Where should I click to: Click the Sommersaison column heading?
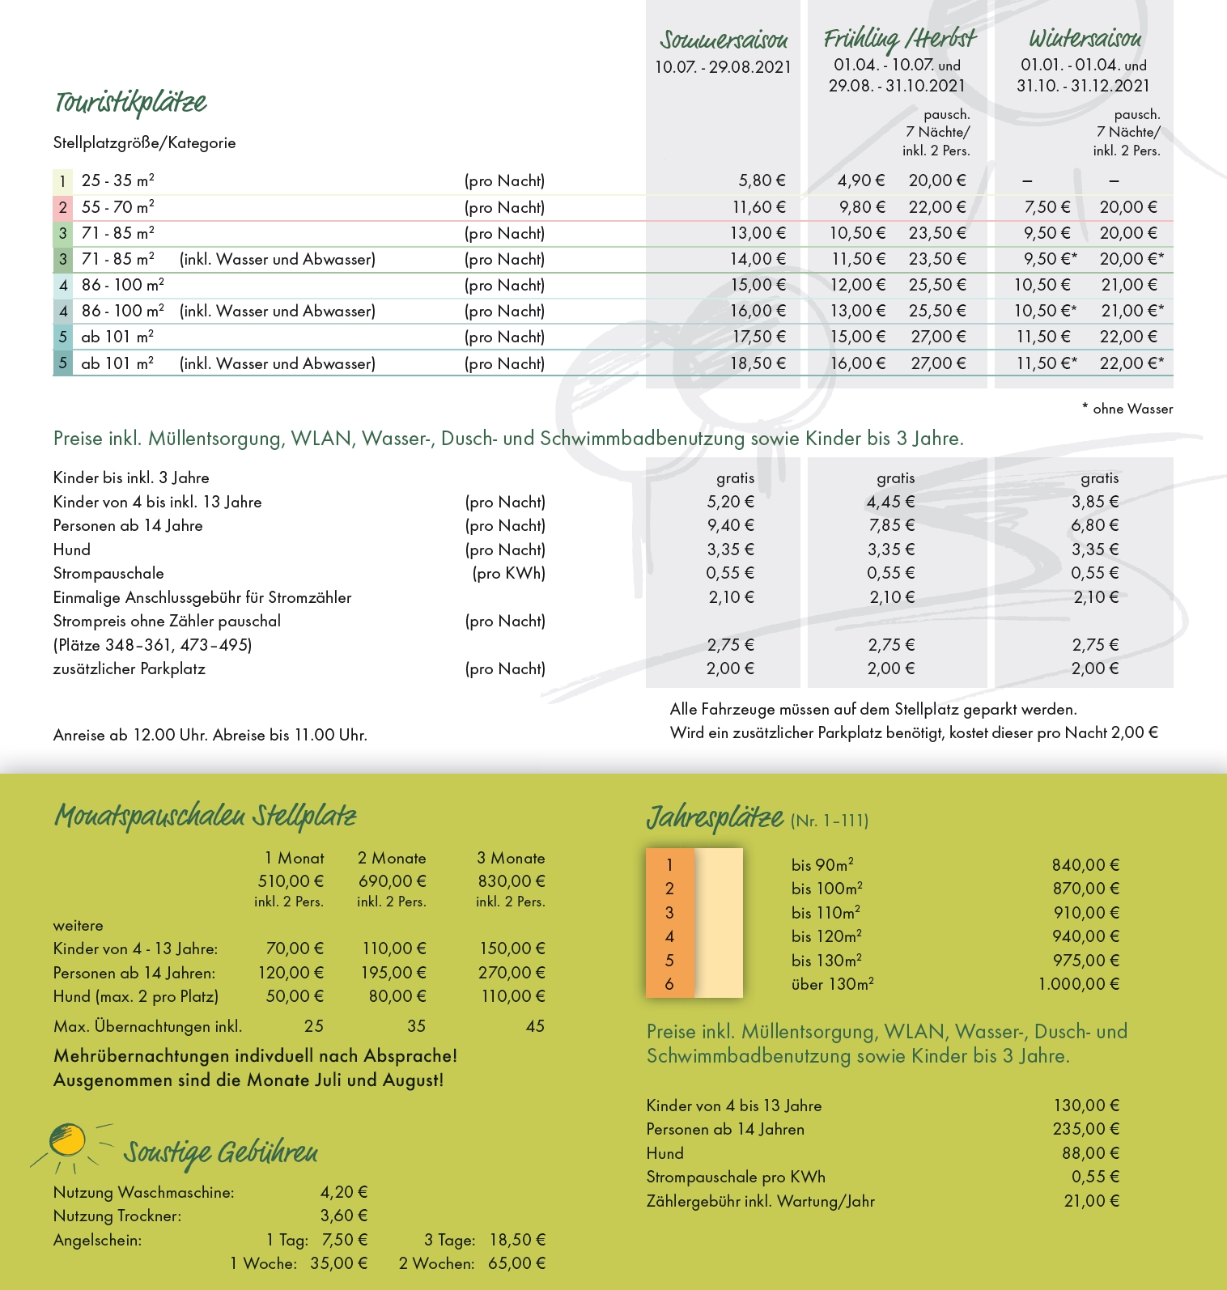click(x=723, y=40)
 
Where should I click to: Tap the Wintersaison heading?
click(x=1085, y=38)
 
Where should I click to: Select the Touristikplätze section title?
click(x=130, y=103)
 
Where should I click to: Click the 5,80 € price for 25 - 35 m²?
click(x=762, y=180)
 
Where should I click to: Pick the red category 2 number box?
click(x=62, y=207)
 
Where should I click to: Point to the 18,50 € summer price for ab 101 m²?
click(x=758, y=363)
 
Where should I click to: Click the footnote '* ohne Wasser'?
click(x=1127, y=409)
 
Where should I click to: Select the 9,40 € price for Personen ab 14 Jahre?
click(x=730, y=525)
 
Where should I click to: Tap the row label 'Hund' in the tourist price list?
click(x=72, y=550)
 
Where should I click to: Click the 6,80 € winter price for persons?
click(x=1094, y=525)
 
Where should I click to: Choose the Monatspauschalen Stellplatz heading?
click(x=205, y=816)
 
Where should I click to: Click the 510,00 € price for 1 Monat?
click(x=291, y=881)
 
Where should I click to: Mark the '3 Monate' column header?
click(x=511, y=858)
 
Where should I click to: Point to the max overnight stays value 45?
click(x=535, y=1026)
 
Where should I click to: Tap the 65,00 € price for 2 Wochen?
click(x=516, y=1263)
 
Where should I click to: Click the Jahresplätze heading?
click(x=715, y=818)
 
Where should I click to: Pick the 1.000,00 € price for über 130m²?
click(x=1078, y=984)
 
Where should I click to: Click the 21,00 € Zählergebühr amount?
click(x=1091, y=1201)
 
